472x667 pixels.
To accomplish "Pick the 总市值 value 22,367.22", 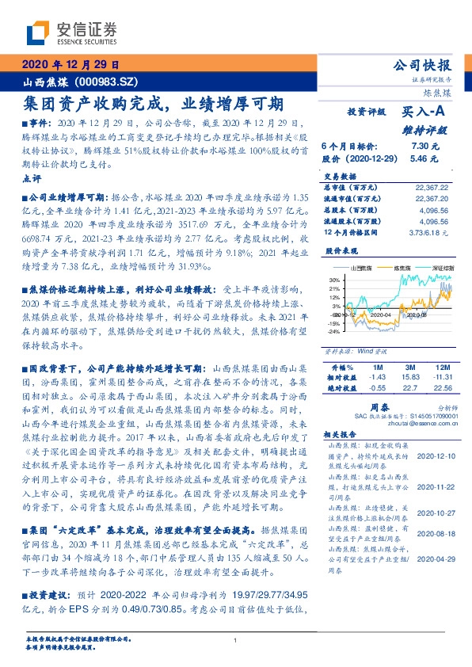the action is pyautogui.click(x=431, y=186).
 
